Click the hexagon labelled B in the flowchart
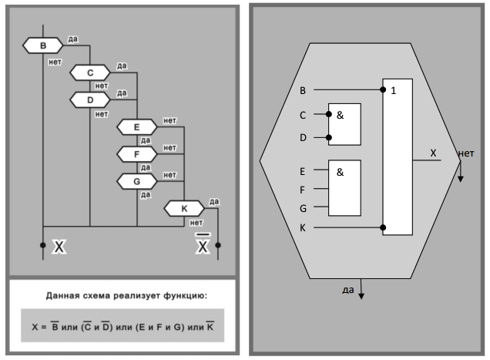pyautogui.click(x=42, y=45)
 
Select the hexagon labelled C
pyautogui.click(x=90, y=72)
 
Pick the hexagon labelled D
pyautogui.click(x=90, y=99)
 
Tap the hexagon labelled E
pyautogui.click(x=136, y=126)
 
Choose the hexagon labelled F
pyautogui.click(x=136, y=154)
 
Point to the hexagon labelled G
pyautogui.click(x=136, y=181)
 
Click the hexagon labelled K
pyautogui.click(x=183, y=208)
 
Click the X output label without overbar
pyautogui.click(x=59, y=247)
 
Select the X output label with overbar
pyautogui.click(x=203, y=247)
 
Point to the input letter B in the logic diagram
pyautogui.click(x=303, y=90)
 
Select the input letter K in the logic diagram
pyautogui.click(x=303, y=228)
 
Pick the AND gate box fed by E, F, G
pyautogui.click(x=344, y=187)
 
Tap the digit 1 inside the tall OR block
pyautogui.click(x=394, y=91)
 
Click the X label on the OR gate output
pyautogui.click(x=433, y=153)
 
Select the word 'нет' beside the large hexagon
pyautogui.click(x=465, y=153)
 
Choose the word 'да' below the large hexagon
pyautogui.click(x=348, y=290)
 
